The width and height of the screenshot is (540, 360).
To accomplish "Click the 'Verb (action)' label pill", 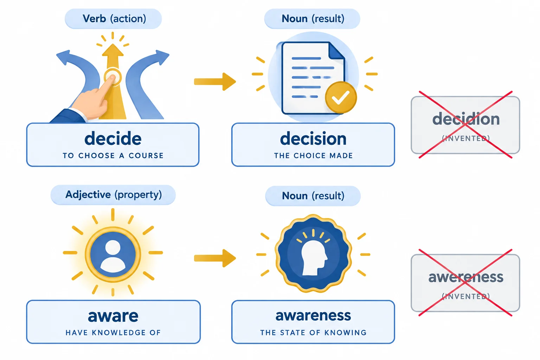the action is point(113,19).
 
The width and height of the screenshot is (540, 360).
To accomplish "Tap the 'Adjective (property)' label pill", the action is point(113,195).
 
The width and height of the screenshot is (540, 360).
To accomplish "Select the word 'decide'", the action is point(113,139).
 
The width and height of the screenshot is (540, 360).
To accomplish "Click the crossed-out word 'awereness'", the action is point(466,277).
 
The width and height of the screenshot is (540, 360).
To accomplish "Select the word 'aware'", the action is point(113,316).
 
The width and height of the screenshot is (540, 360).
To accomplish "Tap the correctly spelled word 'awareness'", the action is point(313,316).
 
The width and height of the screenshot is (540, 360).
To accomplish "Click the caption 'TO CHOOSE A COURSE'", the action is point(113,156).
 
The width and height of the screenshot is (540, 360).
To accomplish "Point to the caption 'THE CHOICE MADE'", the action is point(313,156).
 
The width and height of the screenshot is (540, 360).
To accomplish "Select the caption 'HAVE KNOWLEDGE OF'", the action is point(113,333).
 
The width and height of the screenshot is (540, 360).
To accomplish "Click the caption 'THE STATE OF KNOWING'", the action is point(313,333).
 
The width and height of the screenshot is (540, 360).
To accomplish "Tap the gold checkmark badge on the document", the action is point(341,97).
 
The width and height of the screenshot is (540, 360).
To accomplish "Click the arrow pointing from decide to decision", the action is point(215,82).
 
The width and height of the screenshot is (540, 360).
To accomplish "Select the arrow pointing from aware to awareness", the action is point(215,258).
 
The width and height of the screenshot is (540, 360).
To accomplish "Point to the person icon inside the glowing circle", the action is point(113,255).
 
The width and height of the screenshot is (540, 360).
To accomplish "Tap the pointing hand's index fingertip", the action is point(112,77).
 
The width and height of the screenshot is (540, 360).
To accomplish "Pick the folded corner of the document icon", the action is point(336,51).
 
